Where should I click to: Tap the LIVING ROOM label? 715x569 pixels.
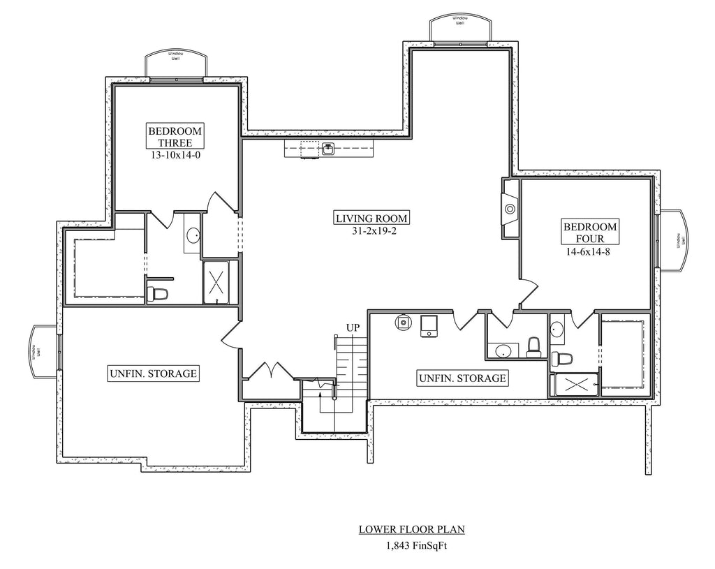tap(371, 218)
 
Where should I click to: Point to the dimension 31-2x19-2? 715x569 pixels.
tap(371, 230)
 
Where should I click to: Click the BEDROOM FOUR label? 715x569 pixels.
tap(590, 233)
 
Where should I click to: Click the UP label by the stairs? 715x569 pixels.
tap(353, 327)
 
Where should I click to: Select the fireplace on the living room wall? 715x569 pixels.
tap(510, 208)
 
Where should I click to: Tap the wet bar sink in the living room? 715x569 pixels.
tap(327, 148)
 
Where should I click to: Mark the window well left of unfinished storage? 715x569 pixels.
tap(42, 351)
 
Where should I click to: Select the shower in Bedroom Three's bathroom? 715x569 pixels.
tap(219, 283)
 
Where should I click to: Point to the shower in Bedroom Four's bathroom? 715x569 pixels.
tap(575, 385)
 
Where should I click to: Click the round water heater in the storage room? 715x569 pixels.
tap(403, 323)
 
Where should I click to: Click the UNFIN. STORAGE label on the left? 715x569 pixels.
tap(152, 374)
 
